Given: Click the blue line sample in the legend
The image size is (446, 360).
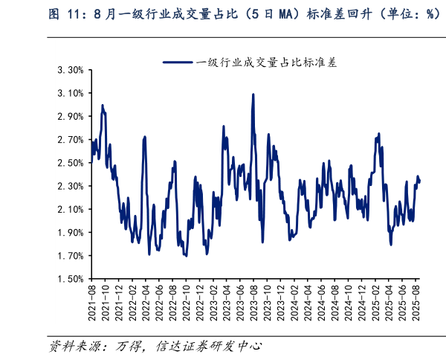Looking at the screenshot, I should click(178, 62).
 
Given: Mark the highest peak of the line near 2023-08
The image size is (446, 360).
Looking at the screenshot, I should click(253, 94).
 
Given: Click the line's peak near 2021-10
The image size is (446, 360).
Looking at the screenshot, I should click(102, 105).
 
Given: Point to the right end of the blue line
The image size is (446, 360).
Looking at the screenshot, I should click(419, 181).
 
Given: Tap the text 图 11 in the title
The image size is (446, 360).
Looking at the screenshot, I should click(61, 14).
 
